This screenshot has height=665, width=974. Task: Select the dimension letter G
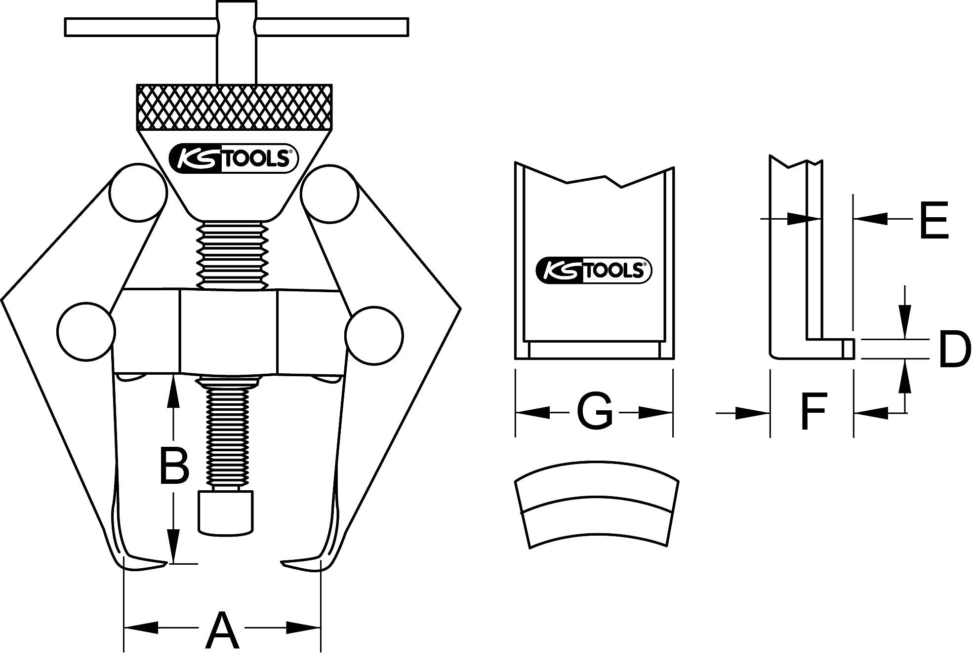point(594,411)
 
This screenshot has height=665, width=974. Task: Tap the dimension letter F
point(812,411)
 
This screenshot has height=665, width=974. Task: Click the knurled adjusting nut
point(234,106)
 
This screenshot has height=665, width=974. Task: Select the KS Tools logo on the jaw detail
point(594,271)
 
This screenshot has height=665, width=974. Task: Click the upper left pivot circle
point(138,193)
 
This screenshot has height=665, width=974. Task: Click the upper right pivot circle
point(329,193)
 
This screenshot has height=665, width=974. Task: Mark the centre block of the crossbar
point(229,332)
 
